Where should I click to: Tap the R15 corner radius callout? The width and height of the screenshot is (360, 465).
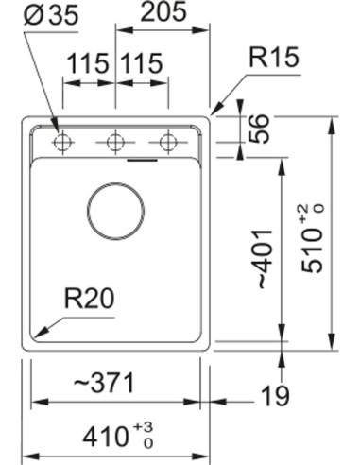(x=274, y=59)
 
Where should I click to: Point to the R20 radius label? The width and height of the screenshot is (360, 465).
(x=89, y=300)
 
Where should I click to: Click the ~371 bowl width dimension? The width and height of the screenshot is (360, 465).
(x=100, y=384)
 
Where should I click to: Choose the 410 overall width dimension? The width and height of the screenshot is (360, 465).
(x=104, y=436)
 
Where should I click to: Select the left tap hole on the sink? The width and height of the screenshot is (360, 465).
(x=63, y=144)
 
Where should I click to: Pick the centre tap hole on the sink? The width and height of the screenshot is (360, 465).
(x=115, y=144)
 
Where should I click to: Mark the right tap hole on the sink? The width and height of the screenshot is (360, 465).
(x=168, y=144)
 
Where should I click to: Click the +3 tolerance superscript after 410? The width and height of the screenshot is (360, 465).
(x=147, y=427)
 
